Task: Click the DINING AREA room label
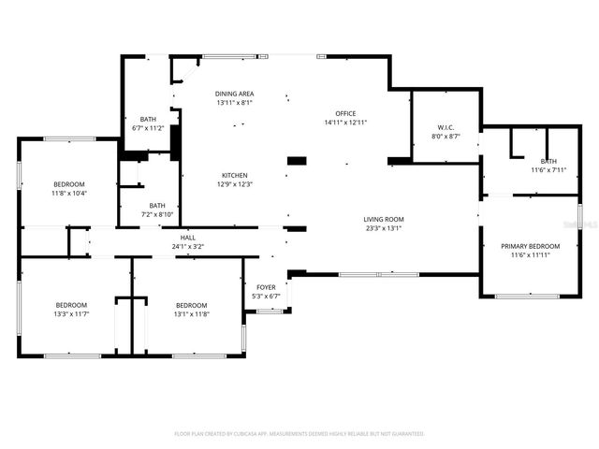pyautogui.click(x=234, y=94)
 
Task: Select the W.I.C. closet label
pyautogui.click(x=446, y=127)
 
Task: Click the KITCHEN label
pyautogui.click(x=234, y=175)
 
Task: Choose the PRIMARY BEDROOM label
pyautogui.click(x=530, y=247)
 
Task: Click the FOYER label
pyautogui.click(x=267, y=287)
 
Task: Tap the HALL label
pyautogui.click(x=187, y=238)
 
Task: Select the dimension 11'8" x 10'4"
pyautogui.click(x=69, y=193)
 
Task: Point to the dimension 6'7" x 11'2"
pyautogui.click(x=148, y=128)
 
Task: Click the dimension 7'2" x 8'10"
pyautogui.click(x=157, y=214)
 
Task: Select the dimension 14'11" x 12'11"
pyautogui.click(x=345, y=122)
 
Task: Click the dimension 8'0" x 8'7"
pyautogui.click(x=446, y=136)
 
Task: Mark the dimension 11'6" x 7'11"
pyautogui.click(x=548, y=169)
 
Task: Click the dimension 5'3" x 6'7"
pyautogui.click(x=267, y=296)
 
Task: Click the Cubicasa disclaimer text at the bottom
pyautogui.click(x=299, y=433)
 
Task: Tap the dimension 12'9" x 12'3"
pyautogui.click(x=234, y=183)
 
